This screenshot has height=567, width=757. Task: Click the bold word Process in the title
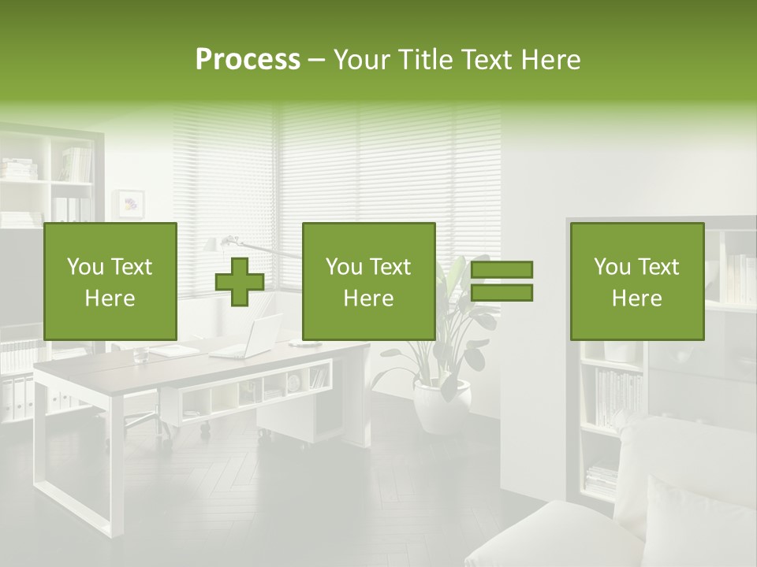pyautogui.click(x=248, y=60)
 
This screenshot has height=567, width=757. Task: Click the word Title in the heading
pyautogui.click(x=425, y=60)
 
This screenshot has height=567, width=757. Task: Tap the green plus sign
pyautogui.click(x=240, y=282)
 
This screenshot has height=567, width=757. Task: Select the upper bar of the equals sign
pyautogui.click(x=502, y=270)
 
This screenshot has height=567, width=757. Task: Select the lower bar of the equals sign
pyautogui.click(x=502, y=293)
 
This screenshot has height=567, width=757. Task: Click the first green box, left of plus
pyautogui.click(x=110, y=282)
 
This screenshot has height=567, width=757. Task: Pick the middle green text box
pyautogui.click(x=368, y=282)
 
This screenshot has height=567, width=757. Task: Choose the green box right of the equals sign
pyautogui.click(x=636, y=282)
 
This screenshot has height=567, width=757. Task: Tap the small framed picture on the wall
pyautogui.click(x=129, y=203)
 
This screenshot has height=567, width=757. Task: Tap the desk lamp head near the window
pyautogui.click(x=229, y=239)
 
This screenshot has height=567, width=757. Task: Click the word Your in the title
pyautogui.click(x=362, y=60)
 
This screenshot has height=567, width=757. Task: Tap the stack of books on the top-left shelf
pyautogui.click(x=17, y=168)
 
